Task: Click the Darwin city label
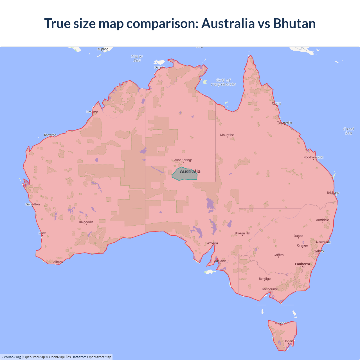pos(159,67)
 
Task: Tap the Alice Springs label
pos(183,160)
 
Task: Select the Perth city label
pos(42,233)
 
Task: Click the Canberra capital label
pos(302,264)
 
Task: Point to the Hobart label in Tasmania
pos(288,341)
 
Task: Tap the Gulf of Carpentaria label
pos(223,82)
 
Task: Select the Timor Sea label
pos(137,58)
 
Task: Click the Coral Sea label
pos(348,131)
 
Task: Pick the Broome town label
pos(92,112)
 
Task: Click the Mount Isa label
pos(227,135)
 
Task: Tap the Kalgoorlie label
pos(86,222)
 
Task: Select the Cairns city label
pos(276,103)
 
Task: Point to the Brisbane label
pos(333,193)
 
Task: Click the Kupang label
pos(103,49)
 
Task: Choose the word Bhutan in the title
pos(294,23)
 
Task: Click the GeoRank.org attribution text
pos(11,357)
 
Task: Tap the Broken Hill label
pos(242,233)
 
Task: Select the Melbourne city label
pos(270,289)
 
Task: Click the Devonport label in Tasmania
pos(281,323)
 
